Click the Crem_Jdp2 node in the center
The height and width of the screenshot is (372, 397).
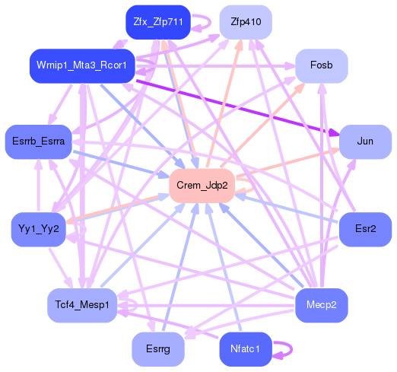point(202,186)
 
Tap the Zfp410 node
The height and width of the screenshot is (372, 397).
point(246,22)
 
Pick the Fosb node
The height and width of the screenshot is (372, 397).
point(322,65)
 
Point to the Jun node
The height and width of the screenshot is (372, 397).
point(365,142)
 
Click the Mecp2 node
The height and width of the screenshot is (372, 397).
point(322,305)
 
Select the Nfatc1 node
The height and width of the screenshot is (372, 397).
point(246,349)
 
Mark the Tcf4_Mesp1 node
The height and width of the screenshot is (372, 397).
point(82,305)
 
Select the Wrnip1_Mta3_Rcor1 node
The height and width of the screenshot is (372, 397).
point(82,65)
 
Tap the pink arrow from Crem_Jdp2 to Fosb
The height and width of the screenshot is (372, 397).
point(266,122)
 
